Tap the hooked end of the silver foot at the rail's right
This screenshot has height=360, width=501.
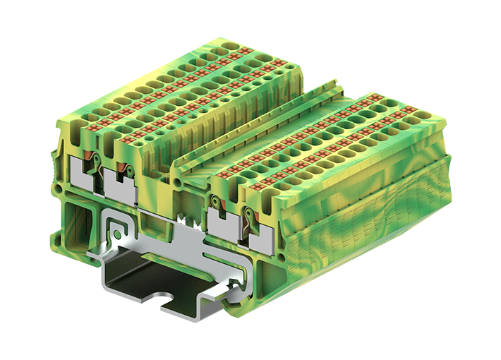click(241, 283)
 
